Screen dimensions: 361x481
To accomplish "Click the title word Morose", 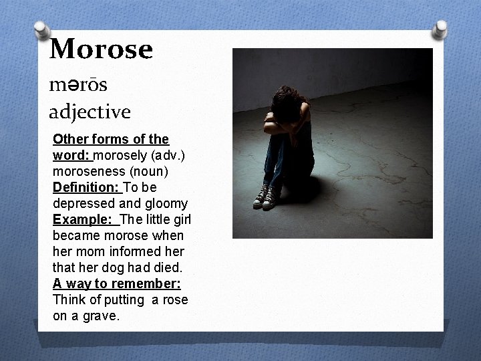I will click(101, 48).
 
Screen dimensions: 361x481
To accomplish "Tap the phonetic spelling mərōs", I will click(78, 85).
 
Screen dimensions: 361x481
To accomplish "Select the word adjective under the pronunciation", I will click(90, 112).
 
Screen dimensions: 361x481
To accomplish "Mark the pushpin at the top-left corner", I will click(41, 30).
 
